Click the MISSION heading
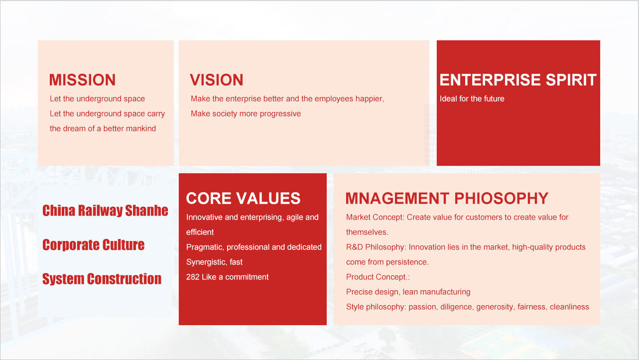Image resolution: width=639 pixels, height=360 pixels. click(x=83, y=80)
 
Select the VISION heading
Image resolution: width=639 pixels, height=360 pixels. click(x=217, y=80)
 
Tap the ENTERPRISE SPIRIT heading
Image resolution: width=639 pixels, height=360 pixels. click(x=518, y=80)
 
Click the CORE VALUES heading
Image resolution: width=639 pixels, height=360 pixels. click(x=244, y=198)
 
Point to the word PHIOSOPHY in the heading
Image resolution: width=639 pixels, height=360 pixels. click(x=501, y=198)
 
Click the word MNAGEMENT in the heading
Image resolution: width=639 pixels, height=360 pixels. click(x=397, y=198)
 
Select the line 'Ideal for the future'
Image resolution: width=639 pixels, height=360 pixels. click(x=472, y=99)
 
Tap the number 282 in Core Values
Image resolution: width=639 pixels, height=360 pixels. click(x=193, y=277)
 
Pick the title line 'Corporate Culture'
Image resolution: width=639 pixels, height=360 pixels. click(x=94, y=245)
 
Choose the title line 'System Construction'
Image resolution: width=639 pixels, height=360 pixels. click(x=102, y=279)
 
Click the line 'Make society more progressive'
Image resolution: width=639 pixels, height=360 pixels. click(x=246, y=114)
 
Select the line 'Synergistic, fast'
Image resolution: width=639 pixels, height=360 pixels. click(x=214, y=262)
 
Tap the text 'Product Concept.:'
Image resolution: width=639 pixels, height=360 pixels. click(x=378, y=277)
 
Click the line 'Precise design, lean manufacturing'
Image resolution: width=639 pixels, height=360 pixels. click(x=408, y=292)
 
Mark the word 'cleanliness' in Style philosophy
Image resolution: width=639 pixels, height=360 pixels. click(x=569, y=307)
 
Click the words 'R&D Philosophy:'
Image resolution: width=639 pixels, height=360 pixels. click(x=376, y=247)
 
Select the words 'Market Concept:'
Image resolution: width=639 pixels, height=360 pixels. click(x=375, y=218)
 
